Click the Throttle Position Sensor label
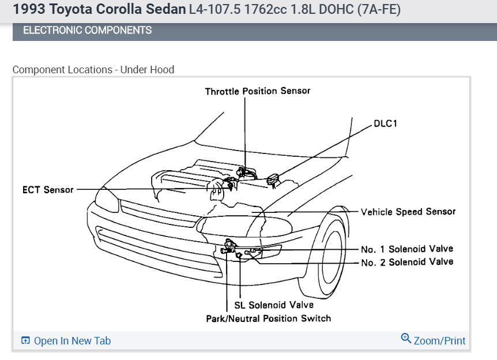[x=257, y=91]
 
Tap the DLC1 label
[x=386, y=123]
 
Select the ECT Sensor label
[x=48, y=189]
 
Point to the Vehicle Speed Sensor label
[x=408, y=212]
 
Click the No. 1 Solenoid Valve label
[x=407, y=249]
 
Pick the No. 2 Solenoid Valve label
[x=407, y=262]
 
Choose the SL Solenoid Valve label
[x=273, y=305]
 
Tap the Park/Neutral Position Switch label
[x=268, y=318]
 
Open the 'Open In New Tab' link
[x=72, y=341]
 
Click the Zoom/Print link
[x=439, y=340]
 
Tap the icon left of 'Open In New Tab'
[x=25, y=340]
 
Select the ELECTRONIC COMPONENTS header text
[x=87, y=31]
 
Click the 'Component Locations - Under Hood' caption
[x=93, y=70]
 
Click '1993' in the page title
[x=27, y=10]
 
